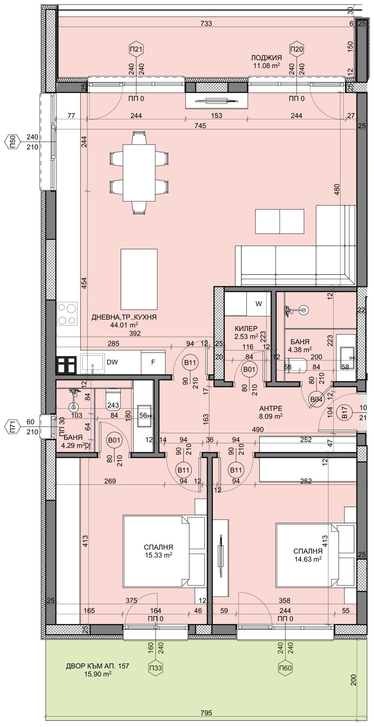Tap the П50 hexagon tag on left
click(x=12, y=142)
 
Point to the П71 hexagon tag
click(x=12, y=427)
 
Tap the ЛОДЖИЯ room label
click(x=266, y=58)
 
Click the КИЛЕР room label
click(x=246, y=328)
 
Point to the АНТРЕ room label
click(x=270, y=408)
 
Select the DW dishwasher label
click(x=112, y=362)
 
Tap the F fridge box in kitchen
click(x=153, y=362)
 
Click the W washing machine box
click(x=258, y=304)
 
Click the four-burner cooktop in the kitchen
click(x=68, y=314)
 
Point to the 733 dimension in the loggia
click(x=206, y=23)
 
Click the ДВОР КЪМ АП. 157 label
click(x=97, y=666)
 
